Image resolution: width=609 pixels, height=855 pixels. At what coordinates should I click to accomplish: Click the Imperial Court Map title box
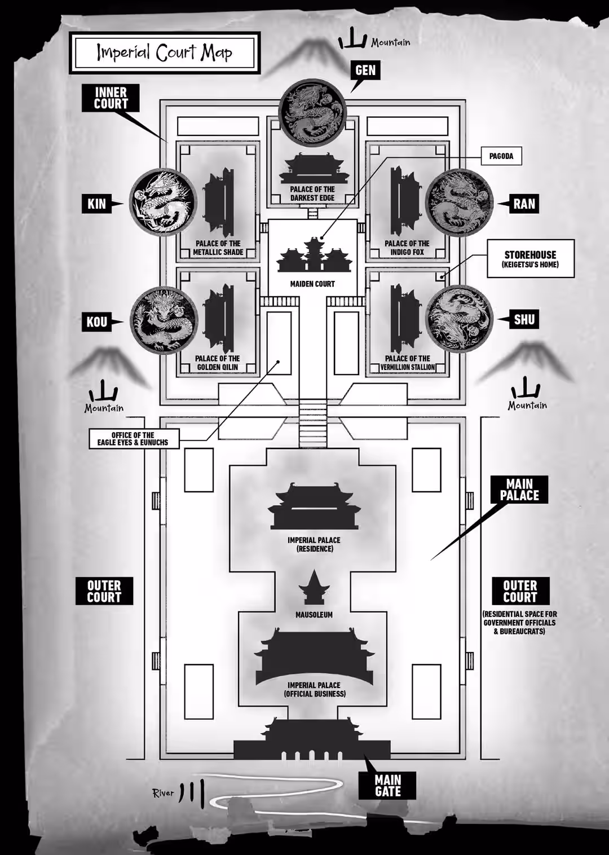(x=164, y=52)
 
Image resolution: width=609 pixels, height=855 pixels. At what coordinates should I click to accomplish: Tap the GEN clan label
(x=365, y=70)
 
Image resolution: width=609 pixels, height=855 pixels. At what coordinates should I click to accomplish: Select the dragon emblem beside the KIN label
(x=164, y=201)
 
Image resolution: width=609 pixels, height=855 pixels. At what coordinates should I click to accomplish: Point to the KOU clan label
(x=96, y=321)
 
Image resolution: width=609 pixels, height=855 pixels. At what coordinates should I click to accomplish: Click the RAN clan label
(x=524, y=204)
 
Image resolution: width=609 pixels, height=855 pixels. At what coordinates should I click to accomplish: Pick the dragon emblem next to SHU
(x=459, y=319)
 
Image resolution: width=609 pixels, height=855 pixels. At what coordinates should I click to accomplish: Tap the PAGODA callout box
(x=501, y=156)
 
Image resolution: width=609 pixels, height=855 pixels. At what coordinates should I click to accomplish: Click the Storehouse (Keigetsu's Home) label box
(x=530, y=259)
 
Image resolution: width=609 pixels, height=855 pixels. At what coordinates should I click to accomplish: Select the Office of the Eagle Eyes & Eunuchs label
(x=134, y=439)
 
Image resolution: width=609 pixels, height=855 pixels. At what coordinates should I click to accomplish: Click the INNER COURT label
(x=111, y=98)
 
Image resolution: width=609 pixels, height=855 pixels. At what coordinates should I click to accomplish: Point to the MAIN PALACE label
(x=519, y=490)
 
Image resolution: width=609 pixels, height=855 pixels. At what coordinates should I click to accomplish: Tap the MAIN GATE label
(x=387, y=785)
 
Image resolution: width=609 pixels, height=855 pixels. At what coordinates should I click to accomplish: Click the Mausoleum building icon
(x=314, y=588)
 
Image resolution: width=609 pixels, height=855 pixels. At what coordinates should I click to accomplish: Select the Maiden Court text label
(x=312, y=284)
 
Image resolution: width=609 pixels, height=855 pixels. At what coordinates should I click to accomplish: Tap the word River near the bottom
(x=163, y=793)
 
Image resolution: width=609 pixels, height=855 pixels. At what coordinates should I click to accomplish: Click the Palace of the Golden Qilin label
(x=218, y=363)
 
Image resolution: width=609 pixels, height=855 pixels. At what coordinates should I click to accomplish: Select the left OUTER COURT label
(x=104, y=591)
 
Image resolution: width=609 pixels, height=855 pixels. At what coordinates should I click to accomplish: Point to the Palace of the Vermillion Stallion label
(x=408, y=363)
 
